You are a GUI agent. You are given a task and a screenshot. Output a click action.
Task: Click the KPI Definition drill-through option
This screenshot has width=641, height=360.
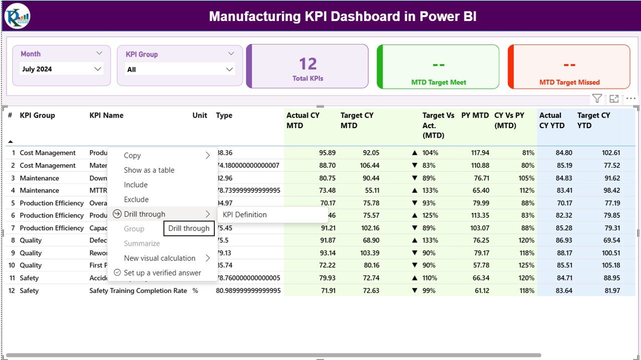click(245, 215)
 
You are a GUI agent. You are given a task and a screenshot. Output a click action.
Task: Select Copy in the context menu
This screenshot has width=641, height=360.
click(132, 156)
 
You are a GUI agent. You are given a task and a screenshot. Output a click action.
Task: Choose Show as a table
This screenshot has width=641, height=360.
click(149, 170)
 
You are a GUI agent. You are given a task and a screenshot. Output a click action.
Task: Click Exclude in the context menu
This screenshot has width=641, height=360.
click(136, 199)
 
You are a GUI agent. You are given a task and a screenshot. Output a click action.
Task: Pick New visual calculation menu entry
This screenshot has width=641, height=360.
click(160, 258)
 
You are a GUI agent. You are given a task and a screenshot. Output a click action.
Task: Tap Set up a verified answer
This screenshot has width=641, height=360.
click(162, 273)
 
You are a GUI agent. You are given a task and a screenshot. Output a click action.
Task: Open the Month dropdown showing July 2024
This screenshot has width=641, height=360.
click(62, 69)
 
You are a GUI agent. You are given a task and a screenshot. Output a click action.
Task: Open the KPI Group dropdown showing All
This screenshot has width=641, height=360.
click(180, 70)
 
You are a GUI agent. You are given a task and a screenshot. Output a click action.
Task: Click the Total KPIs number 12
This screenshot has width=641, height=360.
click(308, 64)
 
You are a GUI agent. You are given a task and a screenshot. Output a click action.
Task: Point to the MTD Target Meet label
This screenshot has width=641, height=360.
click(439, 83)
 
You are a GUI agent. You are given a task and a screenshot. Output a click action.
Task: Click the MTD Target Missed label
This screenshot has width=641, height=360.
click(569, 83)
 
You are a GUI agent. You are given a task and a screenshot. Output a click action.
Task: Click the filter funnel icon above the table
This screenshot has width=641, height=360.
click(597, 99)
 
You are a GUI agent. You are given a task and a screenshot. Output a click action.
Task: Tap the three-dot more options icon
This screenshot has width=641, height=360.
click(630, 99)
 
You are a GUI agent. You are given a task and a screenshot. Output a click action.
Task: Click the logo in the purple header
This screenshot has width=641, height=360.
click(18, 16)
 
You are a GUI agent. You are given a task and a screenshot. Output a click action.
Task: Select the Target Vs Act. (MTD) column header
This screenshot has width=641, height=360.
click(438, 125)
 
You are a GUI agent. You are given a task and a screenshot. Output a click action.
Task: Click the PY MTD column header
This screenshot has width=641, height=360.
click(475, 116)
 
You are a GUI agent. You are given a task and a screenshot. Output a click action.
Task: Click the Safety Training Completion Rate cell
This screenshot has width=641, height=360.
click(138, 290)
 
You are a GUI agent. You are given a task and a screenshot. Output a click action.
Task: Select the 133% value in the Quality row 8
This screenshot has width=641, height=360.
click(430, 240)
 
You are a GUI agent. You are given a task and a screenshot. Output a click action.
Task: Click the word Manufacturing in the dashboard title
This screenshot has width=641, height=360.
click(255, 17)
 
